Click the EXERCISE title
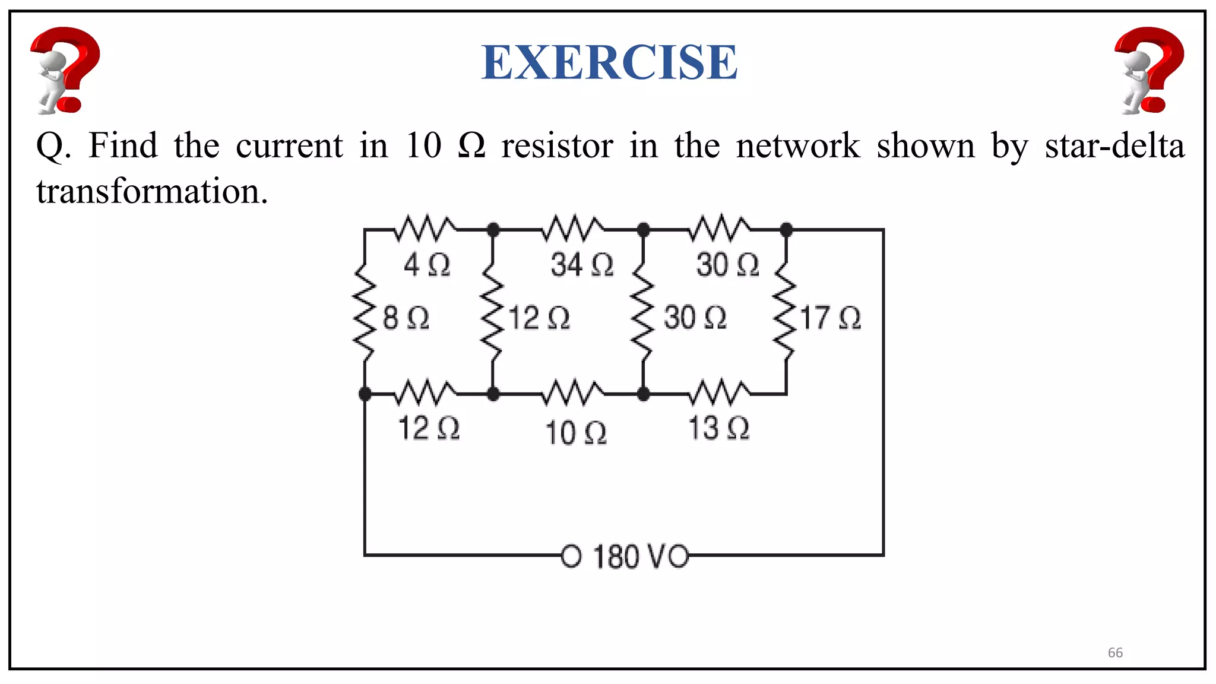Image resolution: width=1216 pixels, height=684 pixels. (609, 62)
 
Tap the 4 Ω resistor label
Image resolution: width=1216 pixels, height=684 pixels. (427, 264)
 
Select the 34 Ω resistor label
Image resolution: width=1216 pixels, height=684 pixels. (581, 264)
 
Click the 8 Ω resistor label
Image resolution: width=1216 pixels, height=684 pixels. (406, 317)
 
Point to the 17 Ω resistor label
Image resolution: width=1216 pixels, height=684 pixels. (830, 318)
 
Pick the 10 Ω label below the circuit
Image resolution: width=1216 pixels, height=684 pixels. (575, 432)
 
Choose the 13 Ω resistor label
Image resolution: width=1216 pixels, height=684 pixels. (718, 428)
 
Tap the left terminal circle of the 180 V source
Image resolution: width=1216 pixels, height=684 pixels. (571, 556)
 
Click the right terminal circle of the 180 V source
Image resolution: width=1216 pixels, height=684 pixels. (679, 556)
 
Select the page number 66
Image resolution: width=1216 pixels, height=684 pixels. (1115, 653)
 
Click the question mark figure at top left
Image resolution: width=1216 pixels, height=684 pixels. (65, 70)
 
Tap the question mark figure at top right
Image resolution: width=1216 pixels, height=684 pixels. (1149, 70)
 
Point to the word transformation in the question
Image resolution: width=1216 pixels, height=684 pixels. (152, 192)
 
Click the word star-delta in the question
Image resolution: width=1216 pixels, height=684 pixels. (1114, 146)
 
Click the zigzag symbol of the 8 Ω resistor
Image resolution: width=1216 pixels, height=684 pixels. (365, 312)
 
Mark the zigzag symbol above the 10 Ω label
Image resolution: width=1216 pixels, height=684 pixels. (574, 392)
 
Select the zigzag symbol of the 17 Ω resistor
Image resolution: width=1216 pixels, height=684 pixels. (786, 312)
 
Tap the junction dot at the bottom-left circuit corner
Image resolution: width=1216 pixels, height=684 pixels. (365, 394)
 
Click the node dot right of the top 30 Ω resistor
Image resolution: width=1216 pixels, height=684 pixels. (786, 229)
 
